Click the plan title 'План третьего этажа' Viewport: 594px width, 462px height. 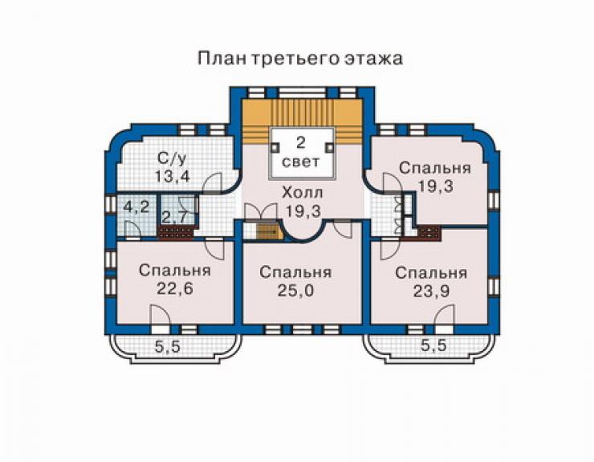click(x=299, y=59)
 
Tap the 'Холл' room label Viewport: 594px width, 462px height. click(x=303, y=193)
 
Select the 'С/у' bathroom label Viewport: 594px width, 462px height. click(x=172, y=159)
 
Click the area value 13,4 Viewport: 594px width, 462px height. click(x=172, y=177)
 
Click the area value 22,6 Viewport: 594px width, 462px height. click(x=175, y=288)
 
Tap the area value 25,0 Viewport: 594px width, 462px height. click(x=295, y=291)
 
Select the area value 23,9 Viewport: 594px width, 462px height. click(x=431, y=292)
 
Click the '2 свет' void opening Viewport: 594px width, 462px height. click(x=302, y=153)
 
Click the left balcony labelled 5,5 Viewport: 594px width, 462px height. click(x=175, y=348)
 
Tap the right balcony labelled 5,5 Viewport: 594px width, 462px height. click(x=429, y=348)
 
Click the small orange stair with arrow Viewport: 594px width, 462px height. click(x=270, y=231)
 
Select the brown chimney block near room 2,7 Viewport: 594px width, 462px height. click(x=175, y=232)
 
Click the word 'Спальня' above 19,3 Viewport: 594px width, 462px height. click(x=435, y=168)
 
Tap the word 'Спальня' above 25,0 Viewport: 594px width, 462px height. click(x=295, y=272)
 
